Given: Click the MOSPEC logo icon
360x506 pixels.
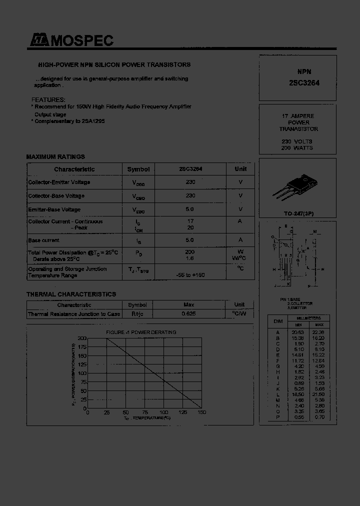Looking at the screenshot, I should (x=37, y=41).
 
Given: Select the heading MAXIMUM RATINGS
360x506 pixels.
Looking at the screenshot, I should (x=55, y=156).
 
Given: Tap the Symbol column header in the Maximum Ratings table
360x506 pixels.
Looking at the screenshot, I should (x=138, y=169).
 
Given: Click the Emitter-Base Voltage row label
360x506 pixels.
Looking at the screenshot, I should (x=54, y=209).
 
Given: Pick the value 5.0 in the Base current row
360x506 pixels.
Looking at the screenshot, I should (x=190, y=240).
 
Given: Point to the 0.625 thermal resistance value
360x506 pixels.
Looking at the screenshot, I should (x=188, y=314).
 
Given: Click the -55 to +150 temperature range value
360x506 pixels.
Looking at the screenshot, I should (x=190, y=275).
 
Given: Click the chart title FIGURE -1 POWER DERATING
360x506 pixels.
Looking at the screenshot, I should (x=140, y=332).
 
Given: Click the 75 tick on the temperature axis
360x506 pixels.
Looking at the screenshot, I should (x=144, y=412).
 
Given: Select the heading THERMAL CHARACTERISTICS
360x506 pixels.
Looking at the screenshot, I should (x=71, y=294).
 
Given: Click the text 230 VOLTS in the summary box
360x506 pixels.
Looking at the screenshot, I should (x=297, y=141).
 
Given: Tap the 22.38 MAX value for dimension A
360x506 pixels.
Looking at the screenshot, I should (x=318, y=331).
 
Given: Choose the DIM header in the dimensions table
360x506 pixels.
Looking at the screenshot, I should (x=278, y=321).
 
